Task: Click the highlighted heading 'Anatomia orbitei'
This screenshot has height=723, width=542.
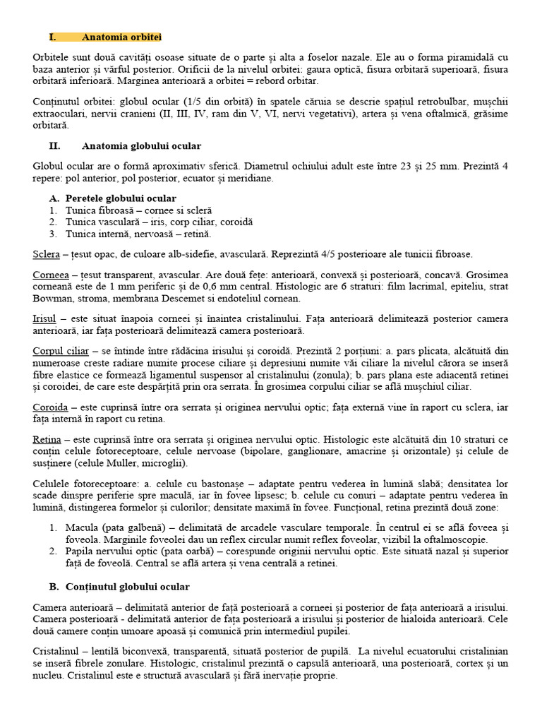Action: click(x=125, y=37)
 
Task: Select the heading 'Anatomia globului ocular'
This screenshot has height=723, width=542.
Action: click(x=141, y=146)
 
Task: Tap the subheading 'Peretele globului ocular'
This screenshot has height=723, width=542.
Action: click(x=121, y=198)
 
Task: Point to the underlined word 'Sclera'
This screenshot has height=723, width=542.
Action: click(x=46, y=254)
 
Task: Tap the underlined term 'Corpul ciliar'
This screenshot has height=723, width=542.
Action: click(x=60, y=351)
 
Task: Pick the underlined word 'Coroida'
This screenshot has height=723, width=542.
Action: click(x=50, y=407)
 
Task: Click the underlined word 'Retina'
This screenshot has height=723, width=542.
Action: click(x=47, y=439)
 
